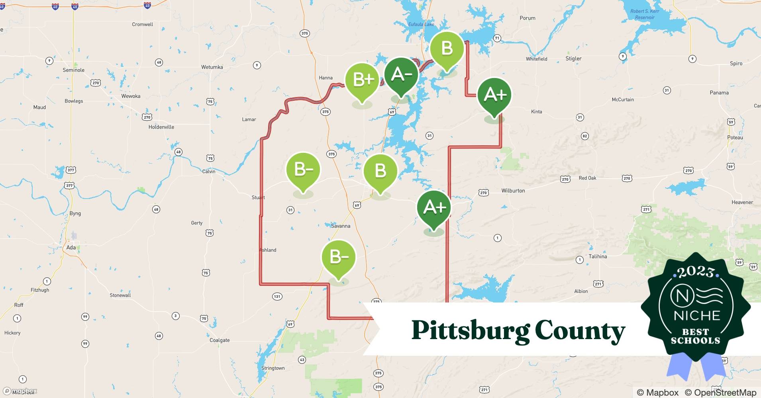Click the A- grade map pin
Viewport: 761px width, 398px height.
401,75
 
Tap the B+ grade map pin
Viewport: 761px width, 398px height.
362,80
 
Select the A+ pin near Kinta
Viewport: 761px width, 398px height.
494,95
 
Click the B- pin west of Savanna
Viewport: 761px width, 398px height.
303,170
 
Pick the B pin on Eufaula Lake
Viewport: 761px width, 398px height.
447,49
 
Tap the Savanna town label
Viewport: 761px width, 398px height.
341,226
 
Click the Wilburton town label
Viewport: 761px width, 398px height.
513,191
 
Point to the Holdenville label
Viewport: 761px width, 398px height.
161,127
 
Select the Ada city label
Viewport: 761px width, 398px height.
71,248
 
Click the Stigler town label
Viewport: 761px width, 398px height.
573,59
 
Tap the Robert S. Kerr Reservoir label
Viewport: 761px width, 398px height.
645,14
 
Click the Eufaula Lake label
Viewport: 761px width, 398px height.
421,24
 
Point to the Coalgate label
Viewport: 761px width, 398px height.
220,340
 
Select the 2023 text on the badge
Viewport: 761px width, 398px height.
696,272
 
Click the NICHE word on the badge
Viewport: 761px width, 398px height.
697,316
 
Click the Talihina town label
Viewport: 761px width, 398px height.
598,257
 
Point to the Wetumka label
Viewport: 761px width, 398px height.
212,67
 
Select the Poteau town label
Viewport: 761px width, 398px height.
735,137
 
